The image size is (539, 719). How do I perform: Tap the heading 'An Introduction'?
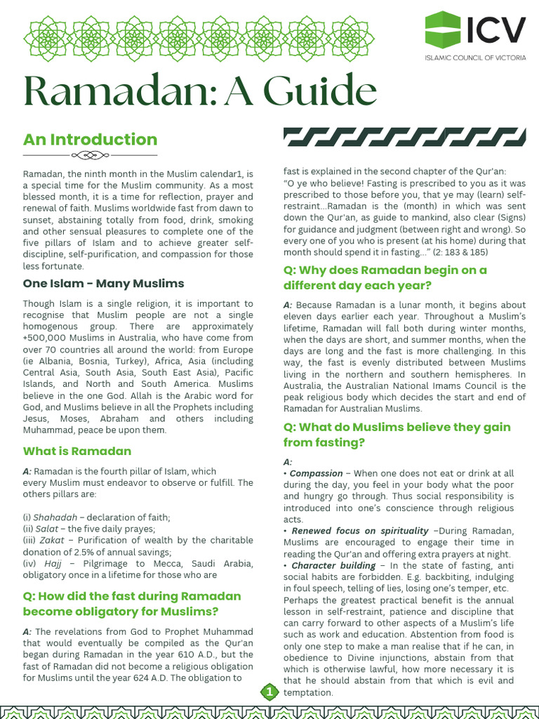pos(90,139)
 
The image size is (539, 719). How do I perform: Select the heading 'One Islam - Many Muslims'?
pos(104,283)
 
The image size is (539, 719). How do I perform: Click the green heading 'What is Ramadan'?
pos(77,450)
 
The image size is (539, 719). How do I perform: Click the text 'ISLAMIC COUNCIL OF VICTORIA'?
pos(475,57)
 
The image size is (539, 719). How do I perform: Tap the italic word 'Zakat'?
pos(51,540)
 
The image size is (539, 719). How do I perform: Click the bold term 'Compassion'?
pos(317,474)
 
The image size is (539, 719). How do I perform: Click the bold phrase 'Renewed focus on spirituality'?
pos(359,531)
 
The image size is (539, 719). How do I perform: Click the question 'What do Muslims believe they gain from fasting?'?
pos(397,435)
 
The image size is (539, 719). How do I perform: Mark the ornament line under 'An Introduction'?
pos(90,154)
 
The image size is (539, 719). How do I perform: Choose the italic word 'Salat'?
pos(48,529)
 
